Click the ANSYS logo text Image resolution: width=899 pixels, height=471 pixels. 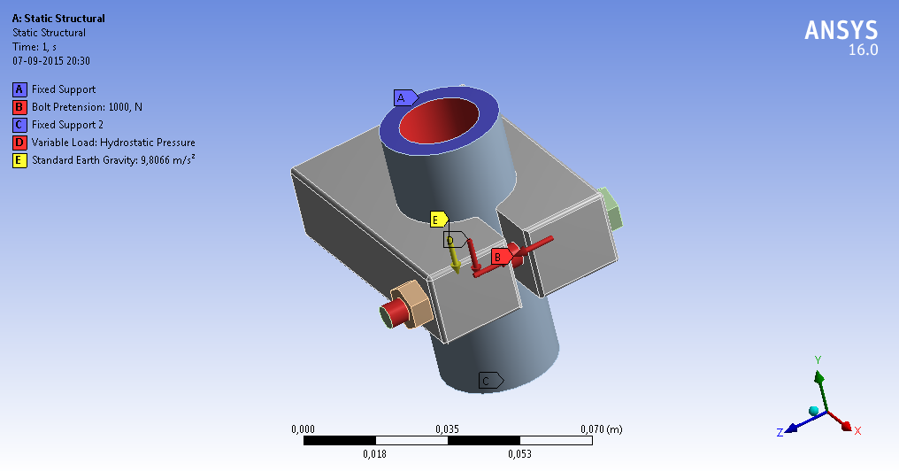pyautogui.click(x=841, y=30)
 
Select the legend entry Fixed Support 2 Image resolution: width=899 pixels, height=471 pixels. pyautogui.click(x=67, y=125)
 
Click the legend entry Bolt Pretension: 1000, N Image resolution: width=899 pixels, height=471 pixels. pyautogui.click(x=87, y=107)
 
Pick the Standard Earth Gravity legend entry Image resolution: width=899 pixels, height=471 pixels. pyautogui.click(x=113, y=160)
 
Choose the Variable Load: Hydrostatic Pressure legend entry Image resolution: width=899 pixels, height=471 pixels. pyautogui.click(x=113, y=143)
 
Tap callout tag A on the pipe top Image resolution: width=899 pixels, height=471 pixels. pyautogui.click(x=403, y=97)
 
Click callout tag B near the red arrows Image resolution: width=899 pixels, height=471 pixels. pyautogui.click(x=500, y=256)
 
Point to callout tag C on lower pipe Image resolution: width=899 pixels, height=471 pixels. pyautogui.click(x=488, y=381)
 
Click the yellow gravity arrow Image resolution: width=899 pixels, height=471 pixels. pyautogui.click(x=453, y=257)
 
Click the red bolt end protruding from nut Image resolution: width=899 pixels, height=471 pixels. pyautogui.click(x=392, y=313)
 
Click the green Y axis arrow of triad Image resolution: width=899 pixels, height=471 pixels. pyautogui.click(x=818, y=380)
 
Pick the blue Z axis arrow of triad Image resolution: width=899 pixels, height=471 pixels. pyautogui.click(x=788, y=428)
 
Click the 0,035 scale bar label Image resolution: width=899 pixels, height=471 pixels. pyautogui.click(x=447, y=429)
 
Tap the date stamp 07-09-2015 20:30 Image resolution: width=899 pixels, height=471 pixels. pyautogui.click(x=51, y=61)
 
